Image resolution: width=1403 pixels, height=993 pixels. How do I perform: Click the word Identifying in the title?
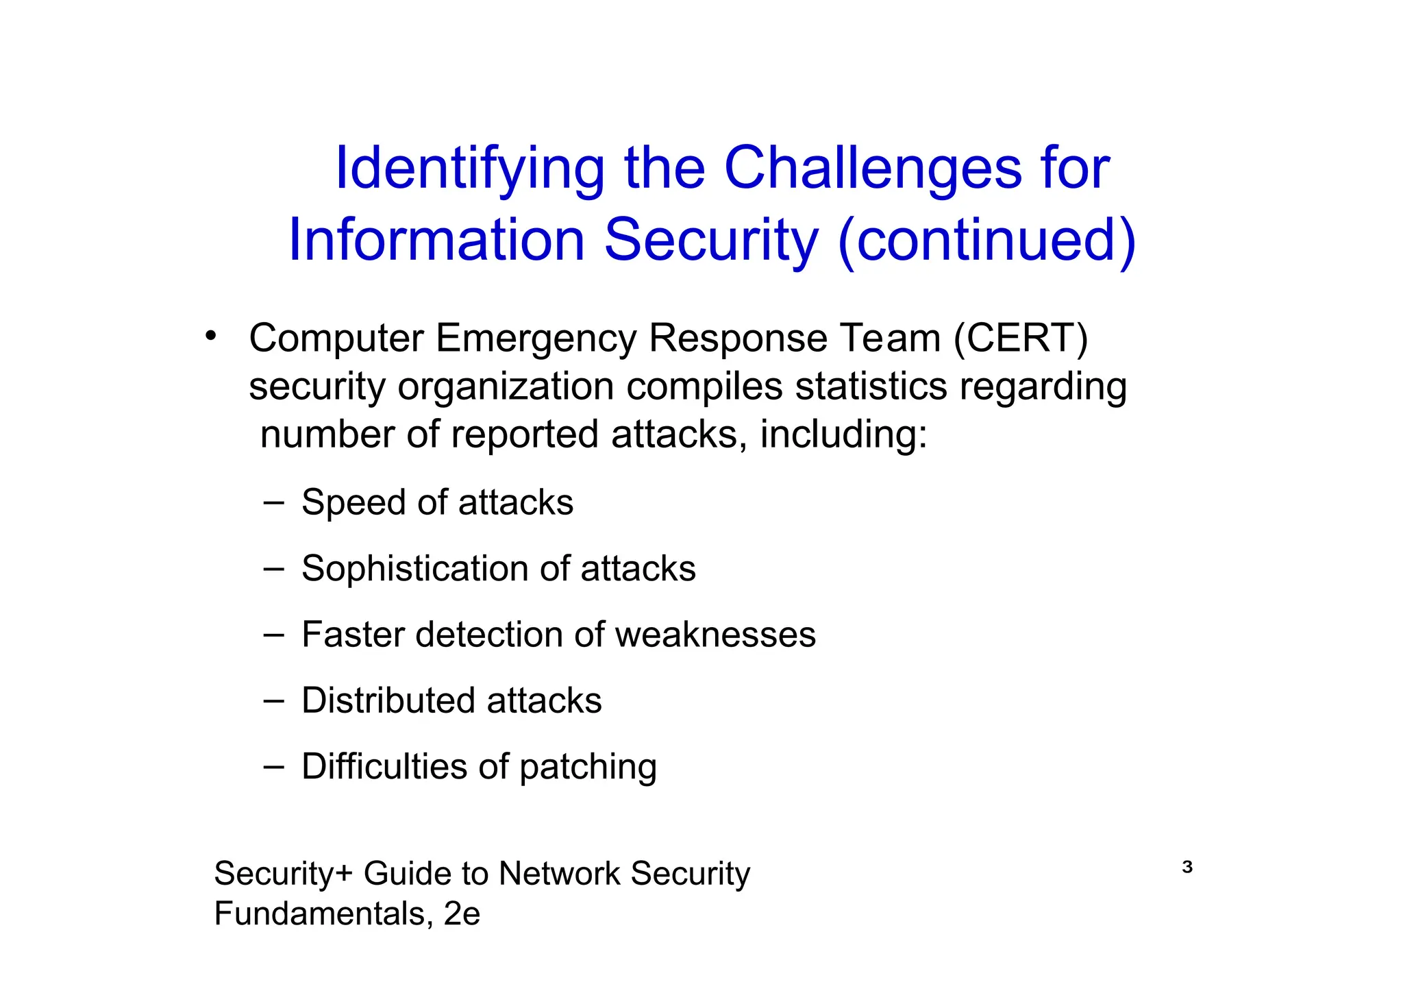point(469,169)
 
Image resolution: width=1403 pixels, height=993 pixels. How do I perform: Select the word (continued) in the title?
point(986,241)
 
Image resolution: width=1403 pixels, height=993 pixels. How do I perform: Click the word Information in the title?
point(436,241)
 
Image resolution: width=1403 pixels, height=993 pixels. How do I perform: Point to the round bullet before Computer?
point(210,336)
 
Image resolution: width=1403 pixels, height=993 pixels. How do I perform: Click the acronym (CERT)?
point(1021,339)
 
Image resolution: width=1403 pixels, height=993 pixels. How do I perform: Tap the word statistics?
point(871,387)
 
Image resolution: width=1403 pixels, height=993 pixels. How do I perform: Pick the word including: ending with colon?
point(843,435)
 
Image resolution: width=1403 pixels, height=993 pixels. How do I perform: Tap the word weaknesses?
point(715,635)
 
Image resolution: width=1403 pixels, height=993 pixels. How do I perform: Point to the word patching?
point(588,768)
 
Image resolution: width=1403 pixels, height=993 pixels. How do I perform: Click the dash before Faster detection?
point(273,635)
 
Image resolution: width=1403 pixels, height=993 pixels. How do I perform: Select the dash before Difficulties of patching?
point(273,766)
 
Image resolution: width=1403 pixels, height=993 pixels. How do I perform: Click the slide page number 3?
point(1187,868)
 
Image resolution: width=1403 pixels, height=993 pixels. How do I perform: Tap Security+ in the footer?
point(283,874)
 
